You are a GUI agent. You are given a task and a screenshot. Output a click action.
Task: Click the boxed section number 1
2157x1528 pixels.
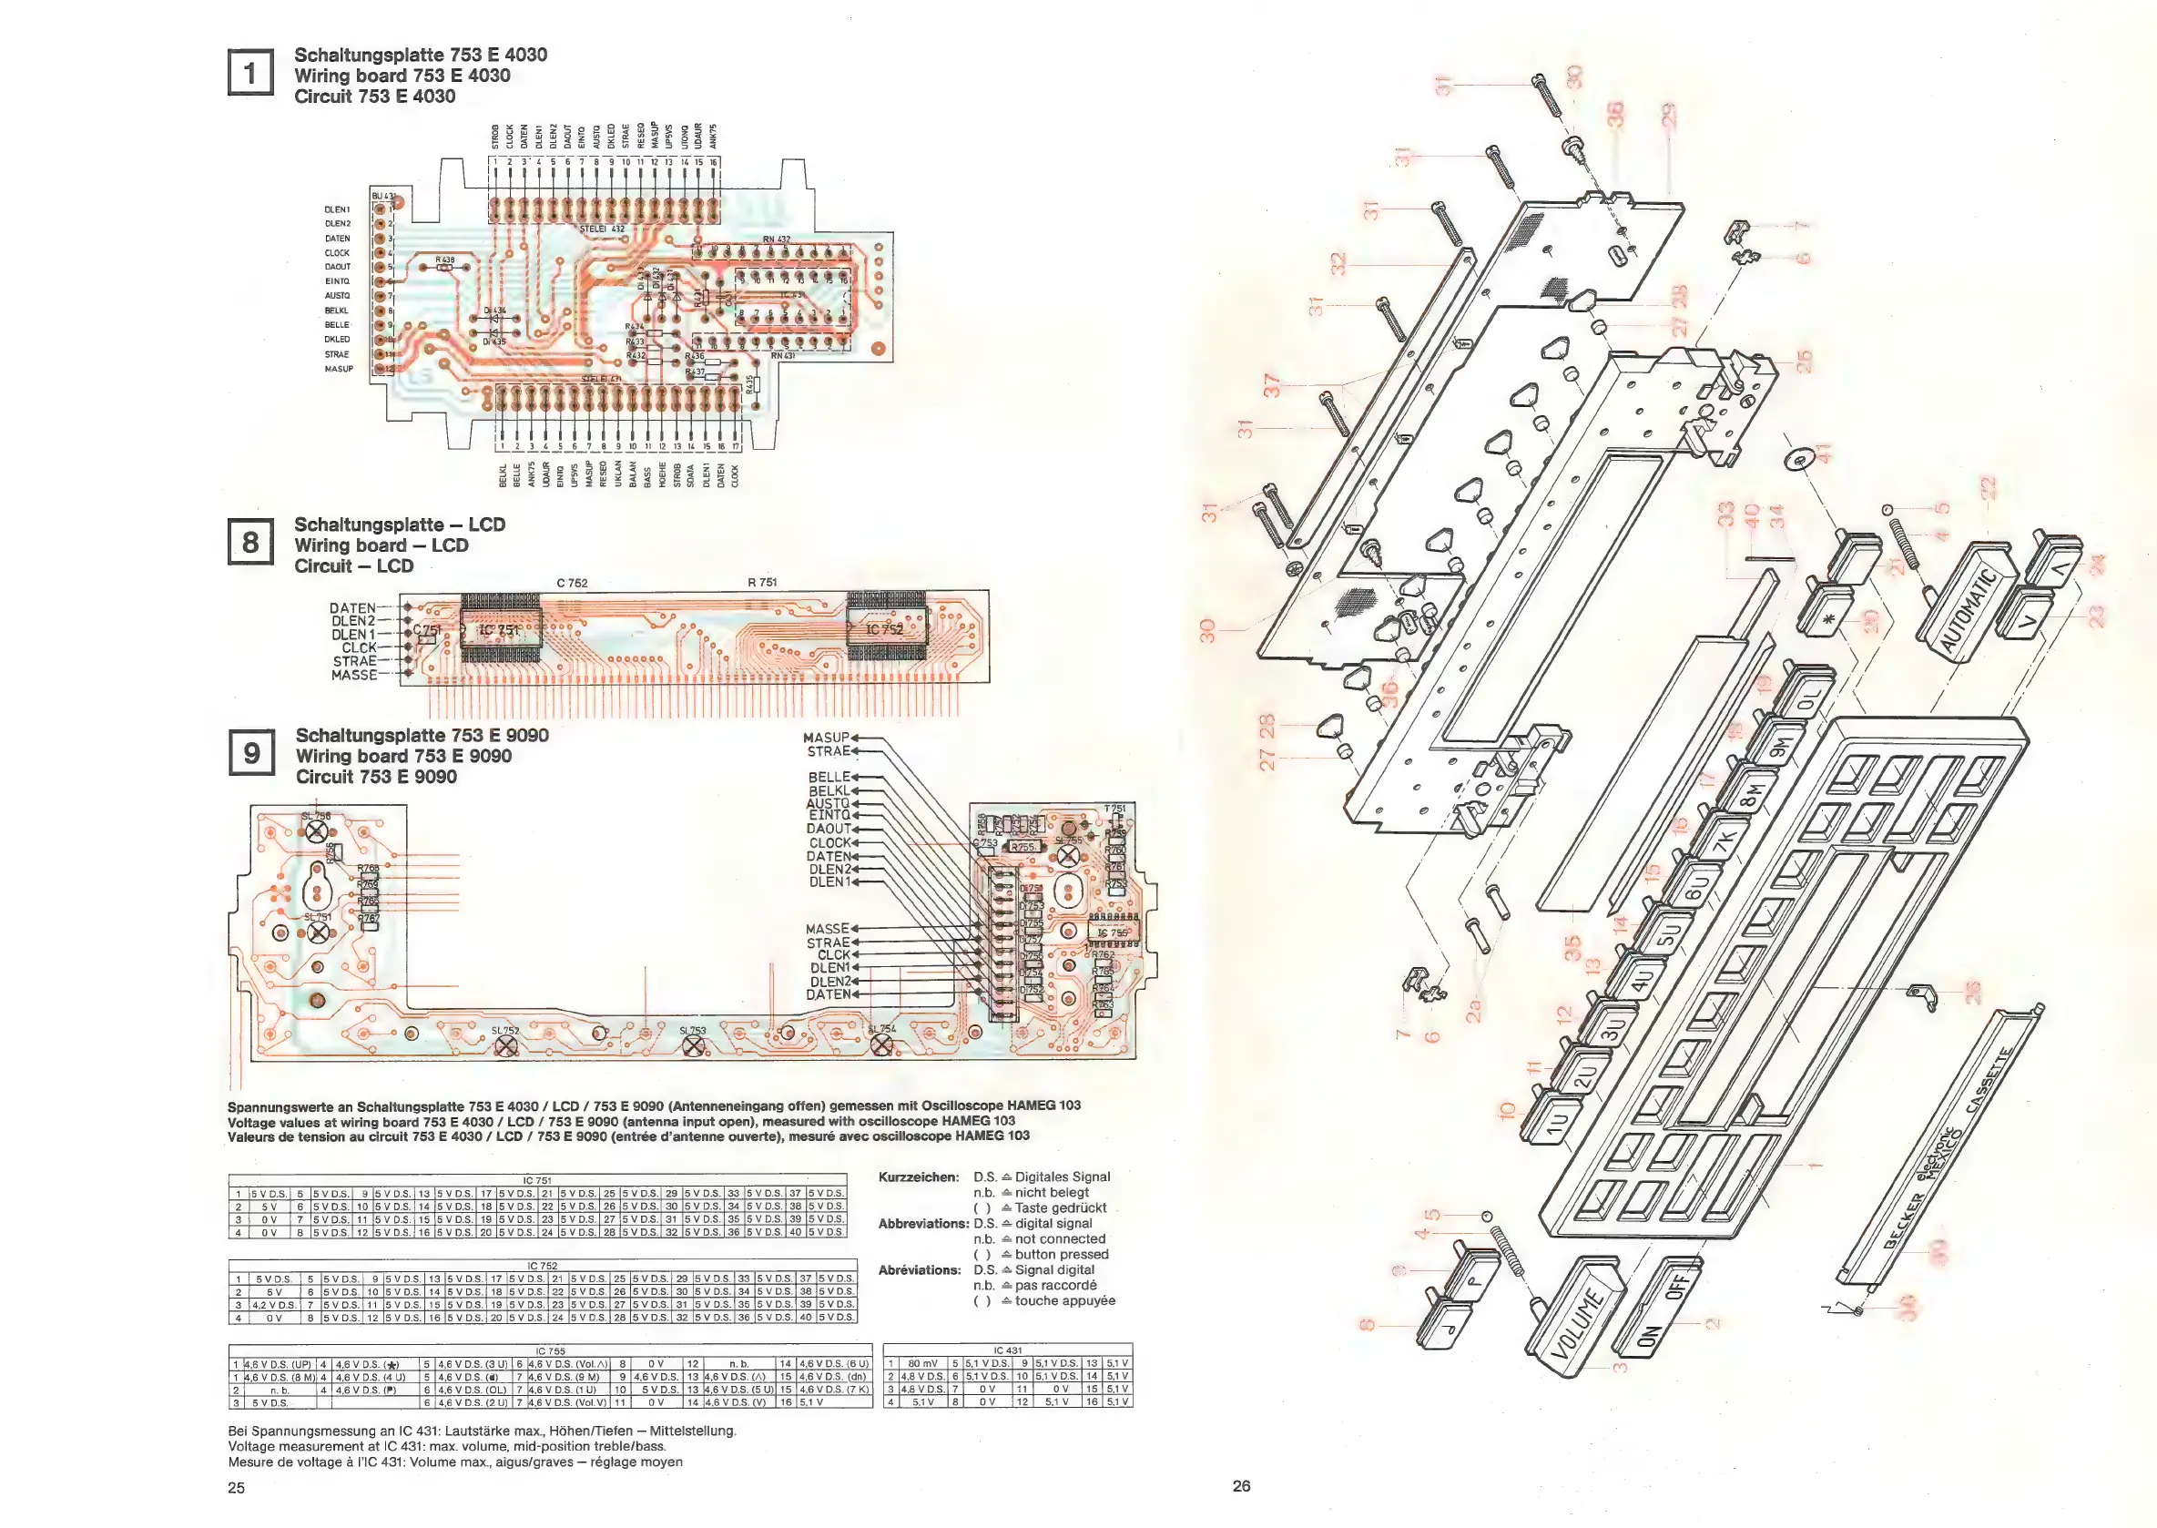[250, 73]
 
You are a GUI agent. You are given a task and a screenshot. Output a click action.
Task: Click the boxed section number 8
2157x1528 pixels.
[250, 542]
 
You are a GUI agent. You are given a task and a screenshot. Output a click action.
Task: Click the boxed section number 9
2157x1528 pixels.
[251, 753]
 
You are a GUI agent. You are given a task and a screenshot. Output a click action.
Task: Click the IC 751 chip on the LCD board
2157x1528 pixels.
[500, 629]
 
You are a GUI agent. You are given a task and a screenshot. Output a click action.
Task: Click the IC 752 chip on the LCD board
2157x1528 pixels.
[885, 628]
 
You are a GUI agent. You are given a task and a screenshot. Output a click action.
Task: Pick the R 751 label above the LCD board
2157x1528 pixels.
[762, 583]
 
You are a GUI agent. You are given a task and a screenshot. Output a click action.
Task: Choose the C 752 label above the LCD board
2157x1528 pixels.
[572, 584]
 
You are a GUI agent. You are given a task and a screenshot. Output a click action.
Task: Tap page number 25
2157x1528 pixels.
[236, 1488]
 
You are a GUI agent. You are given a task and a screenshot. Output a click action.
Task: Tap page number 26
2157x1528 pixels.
[1242, 1486]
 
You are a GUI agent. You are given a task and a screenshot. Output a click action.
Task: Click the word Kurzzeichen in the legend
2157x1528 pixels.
[918, 1177]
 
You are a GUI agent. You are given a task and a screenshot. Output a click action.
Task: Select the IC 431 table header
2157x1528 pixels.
[1007, 1350]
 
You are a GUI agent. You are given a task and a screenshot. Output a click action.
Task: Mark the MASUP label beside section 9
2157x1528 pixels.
[826, 738]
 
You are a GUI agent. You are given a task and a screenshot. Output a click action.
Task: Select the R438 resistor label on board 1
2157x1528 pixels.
[445, 260]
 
